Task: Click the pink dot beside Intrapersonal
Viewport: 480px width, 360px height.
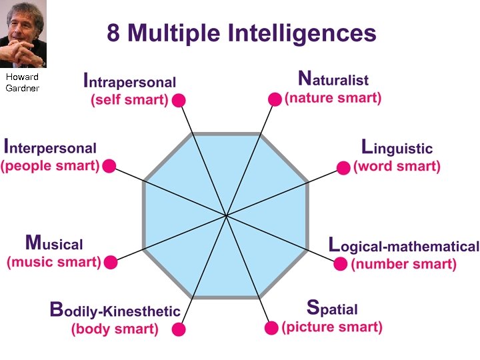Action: tap(178, 101)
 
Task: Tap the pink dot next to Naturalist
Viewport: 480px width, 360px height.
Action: tap(275, 99)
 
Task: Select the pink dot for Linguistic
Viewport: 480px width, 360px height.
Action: tap(343, 167)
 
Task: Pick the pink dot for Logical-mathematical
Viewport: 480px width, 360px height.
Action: tap(340, 263)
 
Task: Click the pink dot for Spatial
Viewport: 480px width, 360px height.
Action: tap(271, 328)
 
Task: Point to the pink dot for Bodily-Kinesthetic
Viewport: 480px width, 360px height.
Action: tap(178, 329)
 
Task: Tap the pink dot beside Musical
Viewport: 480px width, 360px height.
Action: tap(111, 262)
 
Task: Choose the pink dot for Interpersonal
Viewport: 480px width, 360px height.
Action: tap(110, 166)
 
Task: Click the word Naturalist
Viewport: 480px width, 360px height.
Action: tap(333, 79)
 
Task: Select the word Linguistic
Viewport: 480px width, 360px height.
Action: tap(397, 147)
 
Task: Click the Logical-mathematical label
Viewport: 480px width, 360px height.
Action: tap(403, 245)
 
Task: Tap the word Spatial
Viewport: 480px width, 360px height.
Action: tap(332, 309)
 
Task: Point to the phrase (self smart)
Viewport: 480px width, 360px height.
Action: tap(129, 101)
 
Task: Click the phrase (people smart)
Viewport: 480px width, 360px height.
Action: tap(50, 165)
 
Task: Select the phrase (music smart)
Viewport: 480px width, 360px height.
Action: tap(54, 262)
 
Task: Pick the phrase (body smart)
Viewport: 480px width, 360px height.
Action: tap(115, 329)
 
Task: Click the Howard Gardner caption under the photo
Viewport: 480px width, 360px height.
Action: tap(22, 83)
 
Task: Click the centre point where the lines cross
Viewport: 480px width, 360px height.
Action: tap(226, 215)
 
